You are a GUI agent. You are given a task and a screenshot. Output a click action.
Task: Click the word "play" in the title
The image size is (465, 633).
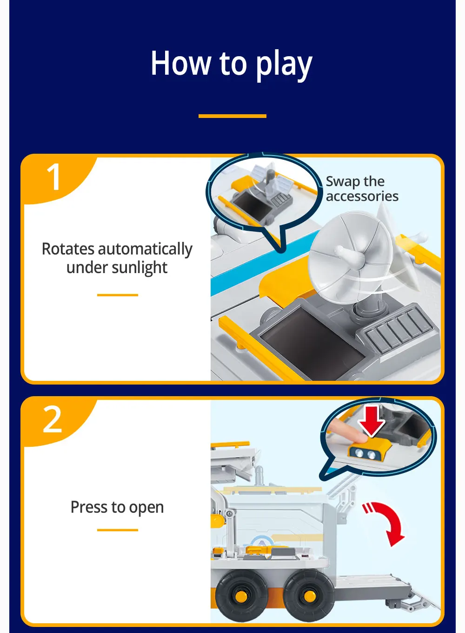click(x=284, y=65)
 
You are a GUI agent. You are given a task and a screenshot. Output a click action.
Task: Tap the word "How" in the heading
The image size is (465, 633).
click(x=181, y=63)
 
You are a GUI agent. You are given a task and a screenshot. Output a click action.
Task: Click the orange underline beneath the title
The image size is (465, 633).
click(x=232, y=116)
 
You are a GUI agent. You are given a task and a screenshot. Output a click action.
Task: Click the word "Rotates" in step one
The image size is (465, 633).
click(x=68, y=249)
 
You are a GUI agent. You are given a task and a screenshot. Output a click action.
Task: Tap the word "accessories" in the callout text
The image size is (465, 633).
click(x=362, y=196)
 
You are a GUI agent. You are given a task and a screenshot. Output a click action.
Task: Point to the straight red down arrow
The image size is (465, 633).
click(x=372, y=421)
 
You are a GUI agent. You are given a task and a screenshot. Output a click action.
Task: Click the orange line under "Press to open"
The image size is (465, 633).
click(x=118, y=530)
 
